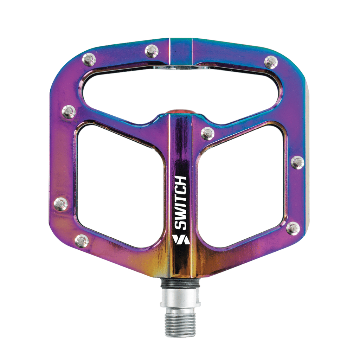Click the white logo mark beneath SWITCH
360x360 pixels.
coord(181,239)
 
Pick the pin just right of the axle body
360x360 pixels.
coord(207,134)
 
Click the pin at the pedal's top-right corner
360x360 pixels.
coord(271,62)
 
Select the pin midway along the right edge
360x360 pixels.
coord(297,162)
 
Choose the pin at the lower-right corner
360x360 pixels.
coord(293,229)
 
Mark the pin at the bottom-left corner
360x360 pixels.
coord(82,240)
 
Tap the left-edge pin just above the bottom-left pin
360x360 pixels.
coord(61,204)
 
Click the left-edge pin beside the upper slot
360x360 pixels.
coord(69,112)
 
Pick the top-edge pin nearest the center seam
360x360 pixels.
coord(152,51)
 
